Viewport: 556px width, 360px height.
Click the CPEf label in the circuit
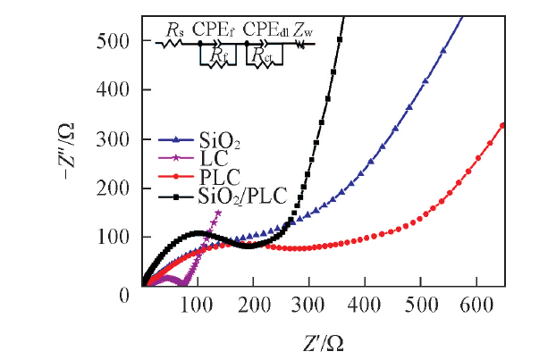coord(214,30)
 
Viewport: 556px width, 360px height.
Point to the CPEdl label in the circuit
coord(264,30)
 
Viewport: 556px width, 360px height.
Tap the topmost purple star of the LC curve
coord(218,213)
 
